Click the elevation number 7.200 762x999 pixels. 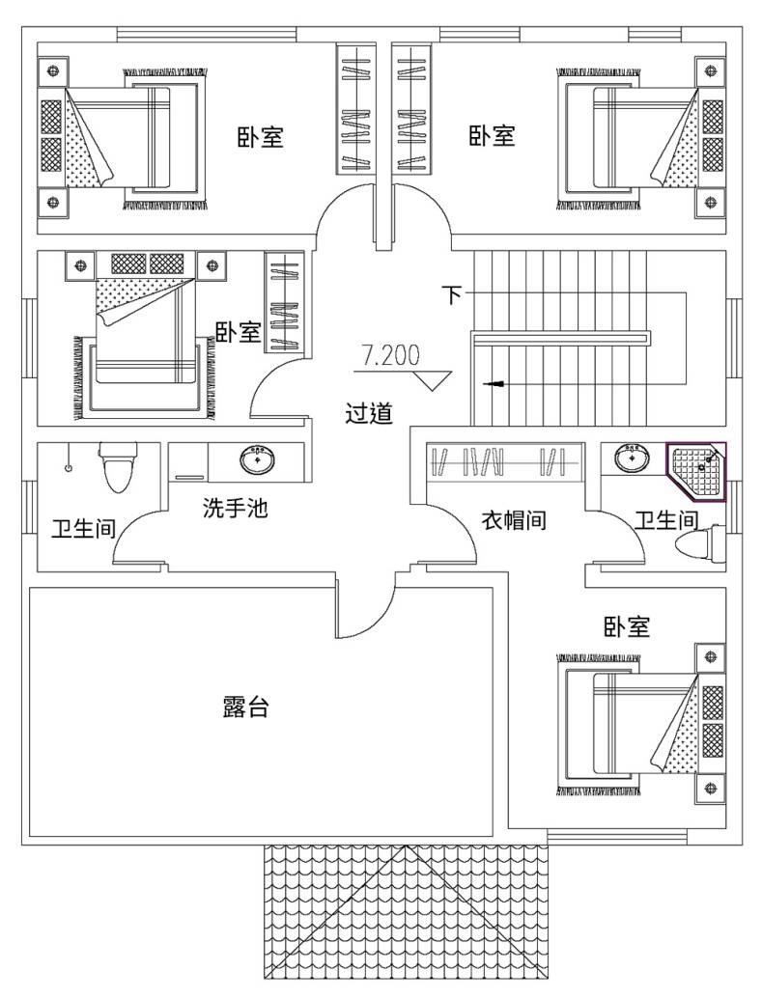[x=391, y=355]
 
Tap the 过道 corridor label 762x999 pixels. [x=369, y=414]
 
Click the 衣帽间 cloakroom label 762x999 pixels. [x=514, y=520]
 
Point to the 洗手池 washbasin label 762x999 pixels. [x=235, y=508]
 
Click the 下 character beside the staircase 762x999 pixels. [x=451, y=294]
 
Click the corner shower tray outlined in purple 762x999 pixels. [x=697, y=472]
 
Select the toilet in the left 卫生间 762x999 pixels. [x=118, y=470]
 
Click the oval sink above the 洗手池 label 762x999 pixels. [x=258, y=459]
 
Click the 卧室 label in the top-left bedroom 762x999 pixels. [x=261, y=137]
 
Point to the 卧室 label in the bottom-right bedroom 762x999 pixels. [x=627, y=627]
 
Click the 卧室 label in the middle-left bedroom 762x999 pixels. [x=238, y=333]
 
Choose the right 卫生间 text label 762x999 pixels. [x=666, y=520]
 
